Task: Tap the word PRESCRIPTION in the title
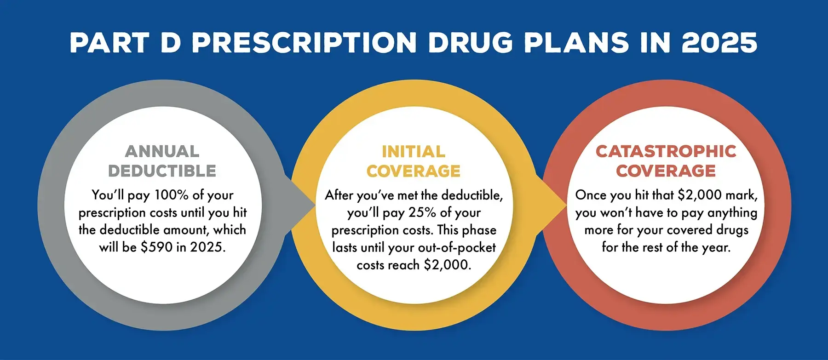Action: [304, 43]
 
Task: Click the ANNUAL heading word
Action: [162, 151]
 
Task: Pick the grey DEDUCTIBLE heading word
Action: [162, 171]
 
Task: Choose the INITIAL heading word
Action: [414, 151]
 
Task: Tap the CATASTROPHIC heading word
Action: [666, 151]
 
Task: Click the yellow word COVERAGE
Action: [414, 171]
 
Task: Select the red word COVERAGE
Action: [666, 171]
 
